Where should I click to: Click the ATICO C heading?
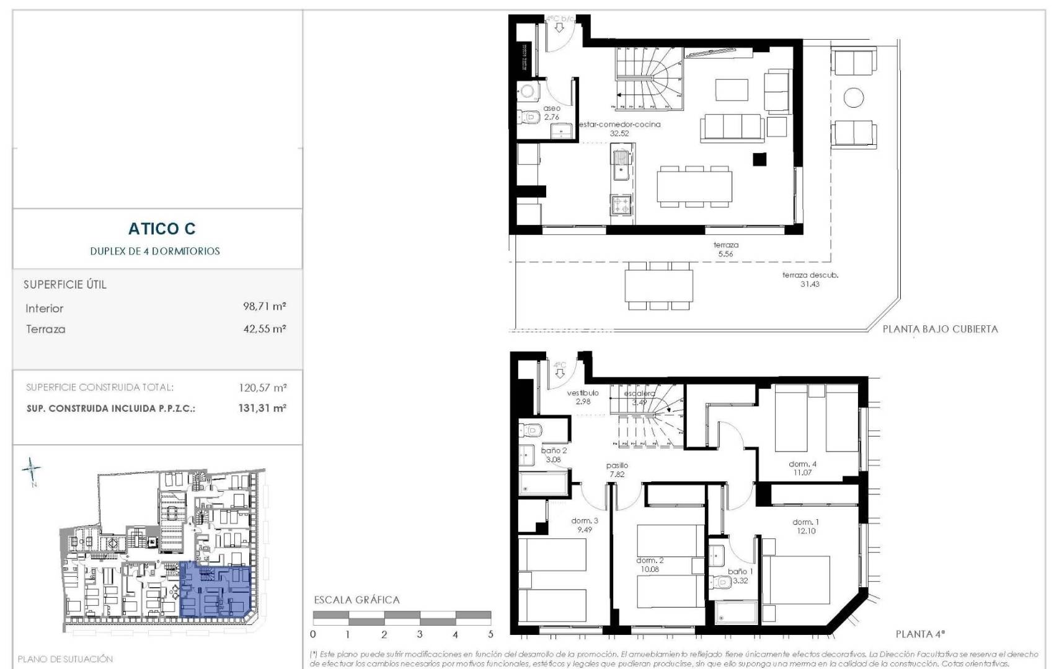[x=162, y=229]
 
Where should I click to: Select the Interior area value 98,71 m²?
[x=264, y=306]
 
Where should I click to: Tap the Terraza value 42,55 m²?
[x=264, y=329]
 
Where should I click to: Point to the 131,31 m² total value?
[x=262, y=408]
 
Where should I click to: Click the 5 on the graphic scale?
[x=490, y=634]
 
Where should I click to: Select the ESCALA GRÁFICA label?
[x=356, y=600]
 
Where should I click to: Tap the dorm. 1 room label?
[x=805, y=526]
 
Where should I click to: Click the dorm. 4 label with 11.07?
[x=802, y=468]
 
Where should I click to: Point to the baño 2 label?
[x=554, y=455]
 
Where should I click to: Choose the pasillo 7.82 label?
[x=617, y=470]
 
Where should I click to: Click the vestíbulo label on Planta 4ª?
[x=583, y=396]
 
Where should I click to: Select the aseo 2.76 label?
[x=551, y=112]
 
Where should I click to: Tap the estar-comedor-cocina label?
[x=619, y=128]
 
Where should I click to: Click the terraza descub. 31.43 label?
[x=810, y=279]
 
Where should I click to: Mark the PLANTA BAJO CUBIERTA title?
[x=940, y=329]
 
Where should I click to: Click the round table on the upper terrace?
[x=854, y=98]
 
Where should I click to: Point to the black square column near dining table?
[x=759, y=159]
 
